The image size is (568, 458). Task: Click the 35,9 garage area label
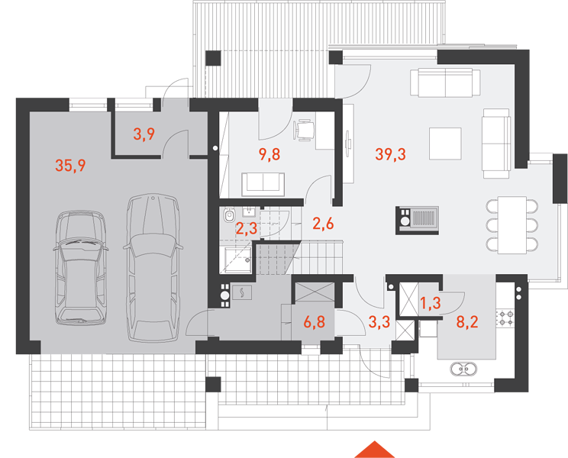click(x=70, y=166)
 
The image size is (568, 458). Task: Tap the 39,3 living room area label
click(x=391, y=154)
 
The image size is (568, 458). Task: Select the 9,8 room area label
click(x=269, y=155)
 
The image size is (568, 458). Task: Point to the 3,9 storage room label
click(x=144, y=134)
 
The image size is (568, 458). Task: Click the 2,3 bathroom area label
click(x=247, y=229)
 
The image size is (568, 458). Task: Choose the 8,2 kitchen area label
click(x=467, y=321)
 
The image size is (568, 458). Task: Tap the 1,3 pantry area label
click(x=431, y=303)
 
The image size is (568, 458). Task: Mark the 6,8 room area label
click(x=314, y=322)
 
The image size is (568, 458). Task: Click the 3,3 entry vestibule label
click(x=379, y=321)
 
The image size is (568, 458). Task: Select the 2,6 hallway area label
click(x=323, y=224)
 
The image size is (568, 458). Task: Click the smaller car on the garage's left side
click(x=81, y=267)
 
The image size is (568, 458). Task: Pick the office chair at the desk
click(x=304, y=130)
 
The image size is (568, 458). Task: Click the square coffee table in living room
click(x=445, y=144)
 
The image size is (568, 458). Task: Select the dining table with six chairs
click(x=512, y=225)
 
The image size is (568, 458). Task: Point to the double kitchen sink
click(x=463, y=369)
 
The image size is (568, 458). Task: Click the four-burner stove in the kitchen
click(x=505, y=317)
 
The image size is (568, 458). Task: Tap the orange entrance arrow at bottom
click(x=375, y=450)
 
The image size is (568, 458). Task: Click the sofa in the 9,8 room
click(x=263, y=184)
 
